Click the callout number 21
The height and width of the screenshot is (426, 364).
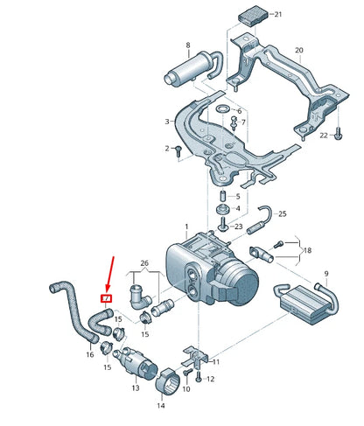click(277, 15)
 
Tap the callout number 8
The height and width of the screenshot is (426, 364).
click(187, 45)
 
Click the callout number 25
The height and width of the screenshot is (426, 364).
click(282, 213)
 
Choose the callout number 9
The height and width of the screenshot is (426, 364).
click(326, 274)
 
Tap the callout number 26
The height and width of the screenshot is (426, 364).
click(144, 263)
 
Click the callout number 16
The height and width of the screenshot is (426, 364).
click(89, 355)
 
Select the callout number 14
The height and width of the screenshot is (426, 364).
click(161, 406)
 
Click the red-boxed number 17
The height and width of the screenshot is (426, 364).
click(106, 298)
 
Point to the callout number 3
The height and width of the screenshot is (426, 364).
click(167, 121)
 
